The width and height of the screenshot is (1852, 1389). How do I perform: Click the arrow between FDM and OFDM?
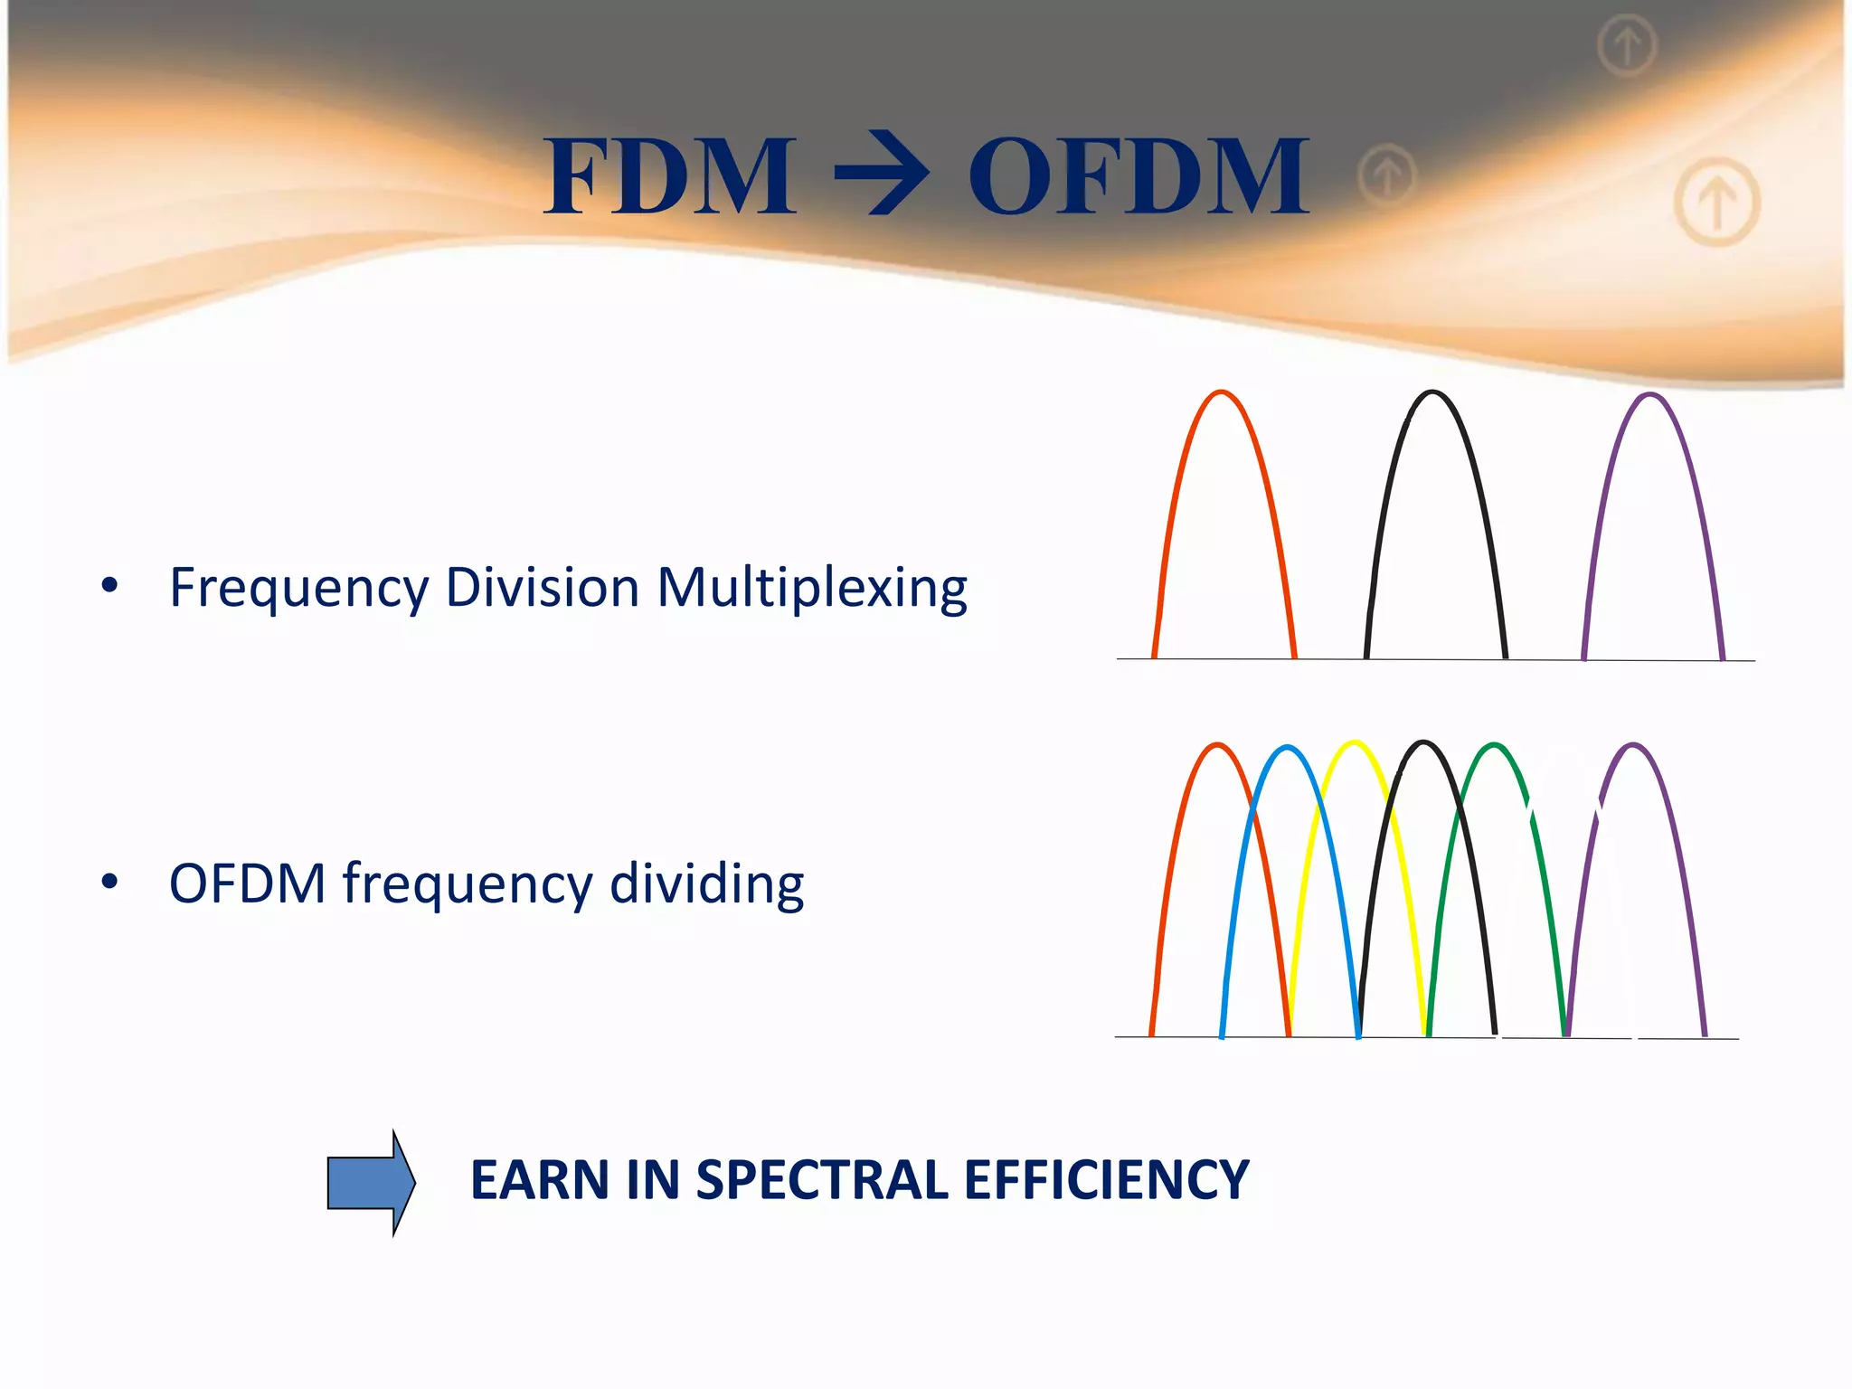(881, 174)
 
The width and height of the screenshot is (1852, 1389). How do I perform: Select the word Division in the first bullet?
(543, 588)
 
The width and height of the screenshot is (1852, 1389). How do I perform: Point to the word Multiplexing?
(811, 590)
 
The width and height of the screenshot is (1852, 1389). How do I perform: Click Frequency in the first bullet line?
(298, 590)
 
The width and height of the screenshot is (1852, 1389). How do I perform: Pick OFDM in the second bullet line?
(247, 883)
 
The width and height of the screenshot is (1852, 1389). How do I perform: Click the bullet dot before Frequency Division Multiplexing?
(109, 586)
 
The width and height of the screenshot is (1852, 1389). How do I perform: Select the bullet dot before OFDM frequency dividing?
(109, 882)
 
